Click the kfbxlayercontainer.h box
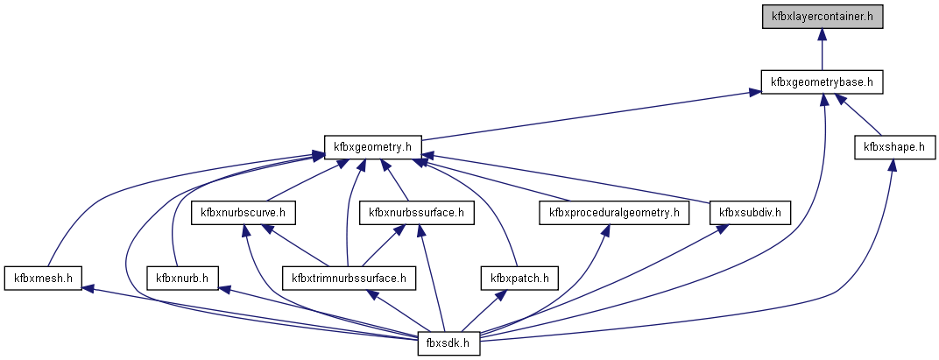(822, 17)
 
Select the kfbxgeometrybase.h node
(822, 82)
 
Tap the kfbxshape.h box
(893, 146)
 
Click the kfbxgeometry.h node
(373, 146)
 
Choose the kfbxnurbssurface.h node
(416, 212)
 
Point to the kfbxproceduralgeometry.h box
(613, 212)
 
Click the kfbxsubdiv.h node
(750, 212)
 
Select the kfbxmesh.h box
(42, 279)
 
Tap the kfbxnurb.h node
(181, 279)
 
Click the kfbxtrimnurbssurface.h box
(349, 279)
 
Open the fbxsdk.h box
(448, 343)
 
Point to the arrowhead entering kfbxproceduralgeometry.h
(605, 229)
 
